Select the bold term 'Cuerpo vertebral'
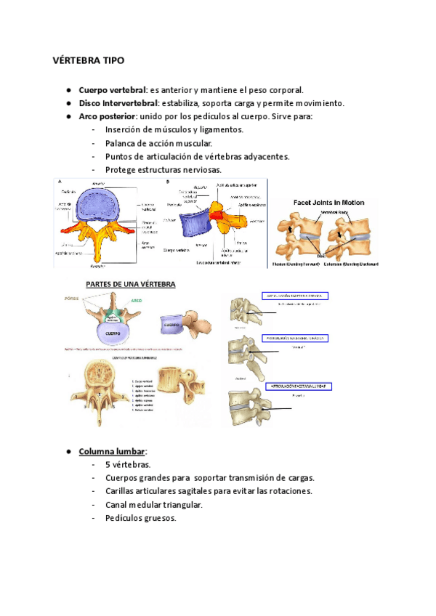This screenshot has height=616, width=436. [x=113, y=90]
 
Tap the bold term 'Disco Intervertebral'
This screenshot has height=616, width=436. [x=118, y=103]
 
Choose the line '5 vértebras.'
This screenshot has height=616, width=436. [x=128, y=464]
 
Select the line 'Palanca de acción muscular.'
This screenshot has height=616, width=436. [x=161, y=143]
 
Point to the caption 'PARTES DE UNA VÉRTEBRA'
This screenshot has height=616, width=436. [x=131, y=284]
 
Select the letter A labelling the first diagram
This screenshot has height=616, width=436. [x=59, y=182]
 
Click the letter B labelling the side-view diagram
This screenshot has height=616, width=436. [x=169, y=182]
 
